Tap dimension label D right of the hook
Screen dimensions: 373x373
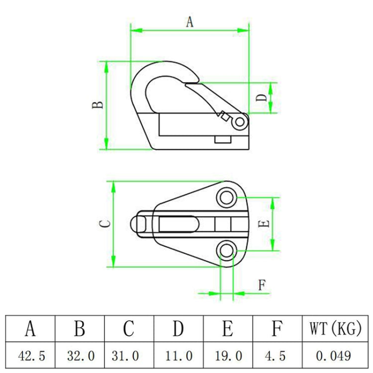(x=262, y=97)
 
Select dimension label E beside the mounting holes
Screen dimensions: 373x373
(x=265, y=223)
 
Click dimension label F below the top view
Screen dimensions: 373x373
(x=262, y=285)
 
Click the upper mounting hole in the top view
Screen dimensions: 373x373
(x=227, y=197)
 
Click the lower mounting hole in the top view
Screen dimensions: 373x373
(x=227, y=251)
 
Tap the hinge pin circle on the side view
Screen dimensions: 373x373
(x=241, y=121)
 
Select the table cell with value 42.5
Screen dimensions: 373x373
(x=31, y=356)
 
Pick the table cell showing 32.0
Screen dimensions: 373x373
(x=80, y=356)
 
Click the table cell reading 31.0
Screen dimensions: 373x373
(x=129, y=356)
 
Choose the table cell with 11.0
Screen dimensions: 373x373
(x=179, y=356)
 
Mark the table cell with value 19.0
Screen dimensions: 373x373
(x=228, y=356)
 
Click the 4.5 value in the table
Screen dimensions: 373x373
(x=277, y=356)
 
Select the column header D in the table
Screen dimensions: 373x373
(x=179, y=329)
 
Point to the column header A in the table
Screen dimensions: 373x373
(x=31, y=329)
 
